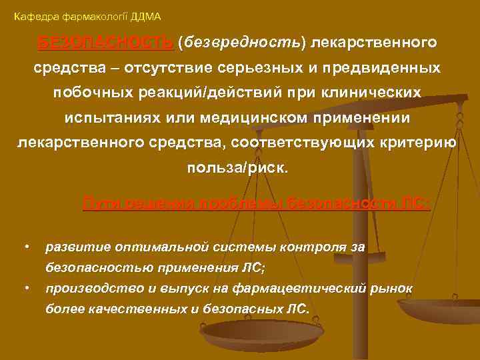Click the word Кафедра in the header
[x=31, y=15]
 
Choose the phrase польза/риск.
[x=238, y=168]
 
